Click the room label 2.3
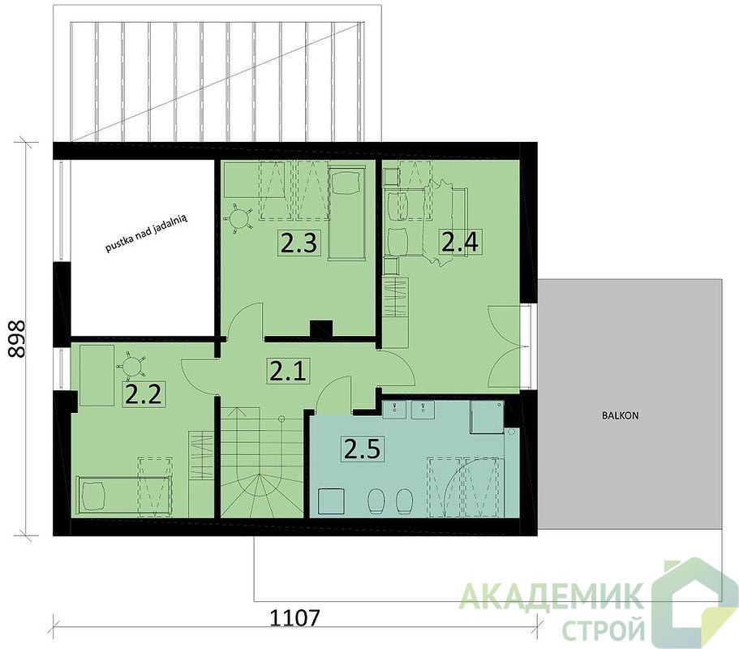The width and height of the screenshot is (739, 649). point(298,243)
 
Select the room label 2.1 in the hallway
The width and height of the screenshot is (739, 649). point(287,371)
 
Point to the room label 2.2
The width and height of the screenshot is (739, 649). point(144,394)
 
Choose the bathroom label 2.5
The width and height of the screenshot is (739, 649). point(362,449)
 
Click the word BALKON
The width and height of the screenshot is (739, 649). point(620,415)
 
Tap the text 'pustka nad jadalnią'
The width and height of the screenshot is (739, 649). point(147,233)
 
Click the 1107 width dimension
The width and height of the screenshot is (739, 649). point(294,618)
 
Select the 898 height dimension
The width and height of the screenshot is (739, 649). point(17,340)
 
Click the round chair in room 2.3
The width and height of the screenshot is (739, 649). point(238,218)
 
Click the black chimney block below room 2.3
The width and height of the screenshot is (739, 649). point(321,329)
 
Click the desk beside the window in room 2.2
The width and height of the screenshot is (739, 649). point(97,375)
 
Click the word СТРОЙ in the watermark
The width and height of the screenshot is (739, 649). point(605,630)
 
